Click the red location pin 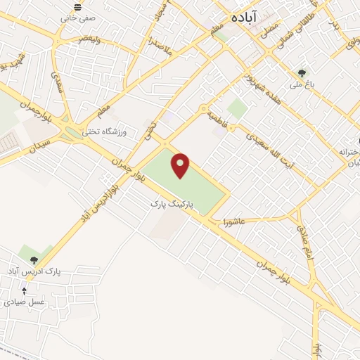click(x=181, y=165)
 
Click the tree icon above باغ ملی click(x=302, y=72)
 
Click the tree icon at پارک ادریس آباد click(x=33, y=260)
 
